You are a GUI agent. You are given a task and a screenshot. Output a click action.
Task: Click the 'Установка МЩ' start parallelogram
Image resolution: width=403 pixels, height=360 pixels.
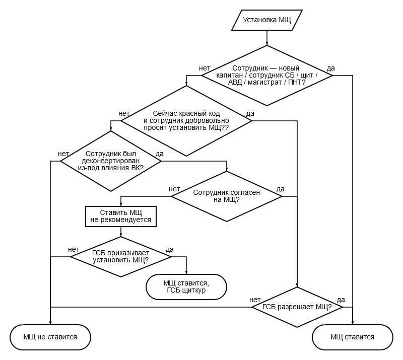click(267, 20)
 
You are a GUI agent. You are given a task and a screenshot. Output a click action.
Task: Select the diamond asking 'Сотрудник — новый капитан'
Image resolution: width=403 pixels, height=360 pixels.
click(267, 76)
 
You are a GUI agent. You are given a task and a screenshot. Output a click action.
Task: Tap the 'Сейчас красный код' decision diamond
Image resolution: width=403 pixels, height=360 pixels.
click(186, 121)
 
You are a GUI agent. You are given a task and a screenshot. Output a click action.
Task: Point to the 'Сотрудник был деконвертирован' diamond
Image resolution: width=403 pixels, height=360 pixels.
click(111, 161)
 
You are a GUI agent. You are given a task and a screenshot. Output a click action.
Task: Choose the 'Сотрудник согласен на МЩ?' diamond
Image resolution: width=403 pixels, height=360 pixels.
click(226, 196)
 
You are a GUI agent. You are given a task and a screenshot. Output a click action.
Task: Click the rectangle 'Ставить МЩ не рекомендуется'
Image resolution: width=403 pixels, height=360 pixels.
click(121, 217)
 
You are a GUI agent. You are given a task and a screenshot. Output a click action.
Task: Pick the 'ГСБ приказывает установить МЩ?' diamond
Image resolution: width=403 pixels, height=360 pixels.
click(121, 257)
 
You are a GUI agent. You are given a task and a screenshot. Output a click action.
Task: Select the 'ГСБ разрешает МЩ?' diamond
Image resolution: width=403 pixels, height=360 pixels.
click(297, 307)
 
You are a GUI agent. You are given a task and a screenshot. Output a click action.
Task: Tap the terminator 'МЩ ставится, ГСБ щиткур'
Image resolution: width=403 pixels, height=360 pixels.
click(186, 287)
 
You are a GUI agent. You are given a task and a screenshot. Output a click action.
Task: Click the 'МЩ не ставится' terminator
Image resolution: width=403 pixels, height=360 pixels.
click(50, 337)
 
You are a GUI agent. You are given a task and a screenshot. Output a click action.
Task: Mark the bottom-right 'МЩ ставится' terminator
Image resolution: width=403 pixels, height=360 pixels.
click(353, 337)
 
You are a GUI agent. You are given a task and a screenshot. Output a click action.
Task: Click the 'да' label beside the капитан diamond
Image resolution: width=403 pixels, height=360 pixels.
click(331, 68)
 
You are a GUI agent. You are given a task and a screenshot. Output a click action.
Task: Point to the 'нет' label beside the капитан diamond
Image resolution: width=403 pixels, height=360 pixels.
click(205, 68)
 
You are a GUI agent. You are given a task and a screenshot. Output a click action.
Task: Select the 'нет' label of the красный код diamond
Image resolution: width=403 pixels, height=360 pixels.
click(124, 113)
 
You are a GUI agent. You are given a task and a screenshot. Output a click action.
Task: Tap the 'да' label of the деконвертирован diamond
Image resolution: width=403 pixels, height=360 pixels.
click(160, 154)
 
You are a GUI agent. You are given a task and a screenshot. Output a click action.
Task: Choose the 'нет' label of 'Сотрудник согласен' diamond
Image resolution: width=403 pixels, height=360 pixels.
click(174, 189)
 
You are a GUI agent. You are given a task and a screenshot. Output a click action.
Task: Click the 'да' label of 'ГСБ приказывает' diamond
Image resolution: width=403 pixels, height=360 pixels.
click(170, 249)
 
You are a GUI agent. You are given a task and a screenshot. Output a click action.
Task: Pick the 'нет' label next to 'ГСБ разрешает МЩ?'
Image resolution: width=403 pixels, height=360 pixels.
click(255, 300)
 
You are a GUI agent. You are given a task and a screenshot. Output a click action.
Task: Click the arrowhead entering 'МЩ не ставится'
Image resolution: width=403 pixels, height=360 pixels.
click(50, 323)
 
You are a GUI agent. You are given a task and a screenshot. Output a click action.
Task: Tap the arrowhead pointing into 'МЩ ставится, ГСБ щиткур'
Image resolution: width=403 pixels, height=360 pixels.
click(186, 272)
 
